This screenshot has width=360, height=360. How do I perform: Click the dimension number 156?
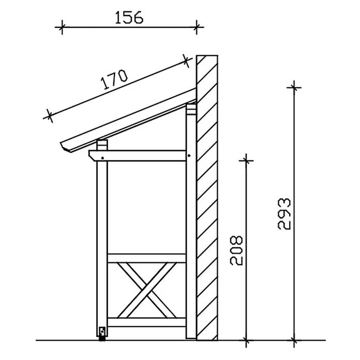click(129, 18)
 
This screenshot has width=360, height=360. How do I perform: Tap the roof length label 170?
click(114, 80)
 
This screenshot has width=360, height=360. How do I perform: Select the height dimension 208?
click(236, 250)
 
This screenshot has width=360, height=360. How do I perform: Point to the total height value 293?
click(284, 214)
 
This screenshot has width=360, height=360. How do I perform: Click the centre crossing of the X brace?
click(147, 290)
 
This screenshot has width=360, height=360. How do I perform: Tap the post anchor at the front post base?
click(102, 334)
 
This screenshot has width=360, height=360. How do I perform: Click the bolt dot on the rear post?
click(189, 156)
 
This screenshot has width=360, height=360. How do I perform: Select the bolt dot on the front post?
click(102, 158)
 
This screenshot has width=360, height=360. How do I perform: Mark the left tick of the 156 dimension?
click(62, 27)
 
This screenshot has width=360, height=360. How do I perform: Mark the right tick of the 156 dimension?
click(197, 27)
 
